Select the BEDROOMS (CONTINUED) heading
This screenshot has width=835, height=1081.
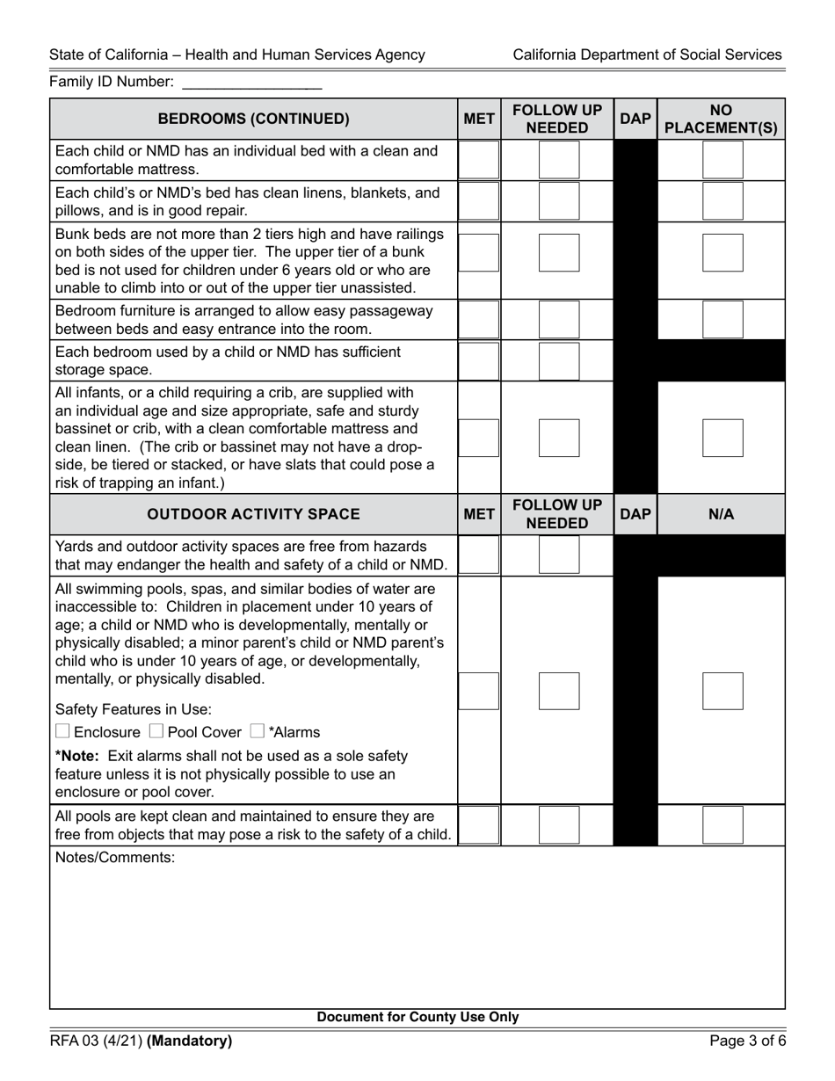253,119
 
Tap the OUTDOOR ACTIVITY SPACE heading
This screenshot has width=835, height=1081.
253,514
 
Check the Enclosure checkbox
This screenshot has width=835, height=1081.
62,731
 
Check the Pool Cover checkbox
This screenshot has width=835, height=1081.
156,731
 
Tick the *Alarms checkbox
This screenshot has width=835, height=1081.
258,731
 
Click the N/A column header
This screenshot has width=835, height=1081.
721,514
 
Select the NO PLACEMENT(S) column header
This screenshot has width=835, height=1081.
721,119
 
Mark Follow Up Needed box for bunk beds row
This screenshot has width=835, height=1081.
559,252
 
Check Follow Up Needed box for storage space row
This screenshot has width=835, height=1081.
559,361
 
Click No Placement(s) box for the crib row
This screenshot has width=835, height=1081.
722,438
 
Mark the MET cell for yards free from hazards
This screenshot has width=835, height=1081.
479,555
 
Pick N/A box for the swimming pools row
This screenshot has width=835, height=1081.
722,691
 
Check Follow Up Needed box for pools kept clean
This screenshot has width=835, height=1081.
559,824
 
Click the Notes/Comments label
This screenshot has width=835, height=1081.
115,858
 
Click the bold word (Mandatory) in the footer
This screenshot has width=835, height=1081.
190,1041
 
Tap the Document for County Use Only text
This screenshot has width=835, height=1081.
417,1018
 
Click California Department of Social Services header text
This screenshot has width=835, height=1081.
647,54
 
